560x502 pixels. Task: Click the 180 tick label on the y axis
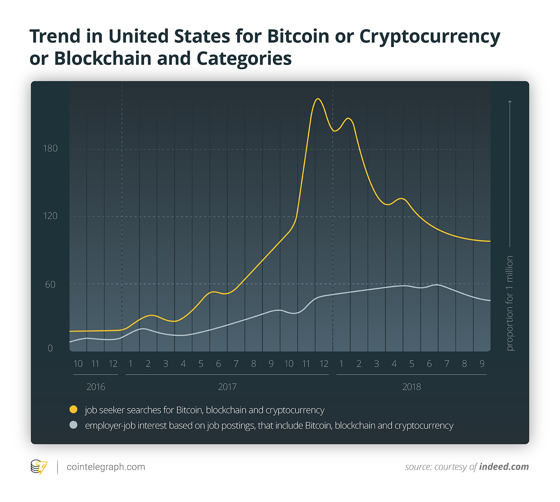[50, 149]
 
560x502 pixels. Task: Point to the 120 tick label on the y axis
[50, 216]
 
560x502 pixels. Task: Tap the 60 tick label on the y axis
[50, 285]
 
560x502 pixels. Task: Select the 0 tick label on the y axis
[50, 348]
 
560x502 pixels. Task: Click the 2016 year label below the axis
[96, 387]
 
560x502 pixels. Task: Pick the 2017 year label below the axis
[227, 387]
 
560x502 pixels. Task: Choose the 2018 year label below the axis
[411, 387]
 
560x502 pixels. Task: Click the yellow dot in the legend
[73, 409]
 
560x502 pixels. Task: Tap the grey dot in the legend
[73, 425]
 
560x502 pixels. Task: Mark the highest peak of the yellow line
[317, 99]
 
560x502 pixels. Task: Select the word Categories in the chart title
[244, 59]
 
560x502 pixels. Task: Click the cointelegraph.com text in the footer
[106, 467]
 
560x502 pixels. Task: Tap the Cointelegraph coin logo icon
[39, 467]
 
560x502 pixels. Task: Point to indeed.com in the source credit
[504, 467]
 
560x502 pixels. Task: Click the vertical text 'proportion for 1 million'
[510, 303]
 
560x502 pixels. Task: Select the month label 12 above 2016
[113, 364]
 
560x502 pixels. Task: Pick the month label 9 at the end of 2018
[482, 364]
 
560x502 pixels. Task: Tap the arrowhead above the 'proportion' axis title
[510, 102]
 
